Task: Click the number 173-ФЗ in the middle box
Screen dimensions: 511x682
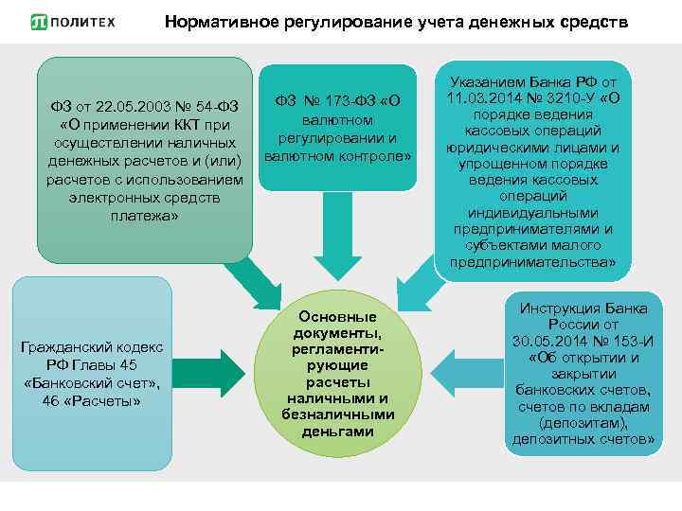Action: [x=348, y=101]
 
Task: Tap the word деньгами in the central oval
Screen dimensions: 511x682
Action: [x=337, y=431]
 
